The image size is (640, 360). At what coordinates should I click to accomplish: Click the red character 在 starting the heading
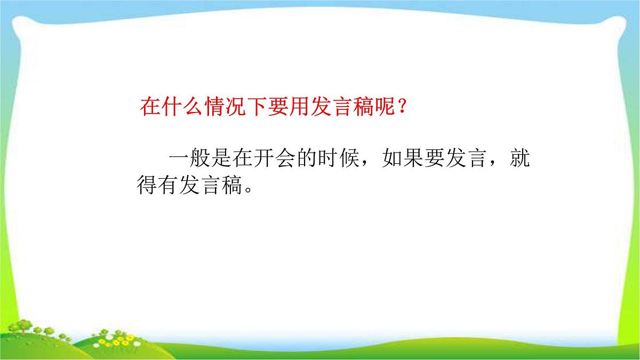tap(149, 107)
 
